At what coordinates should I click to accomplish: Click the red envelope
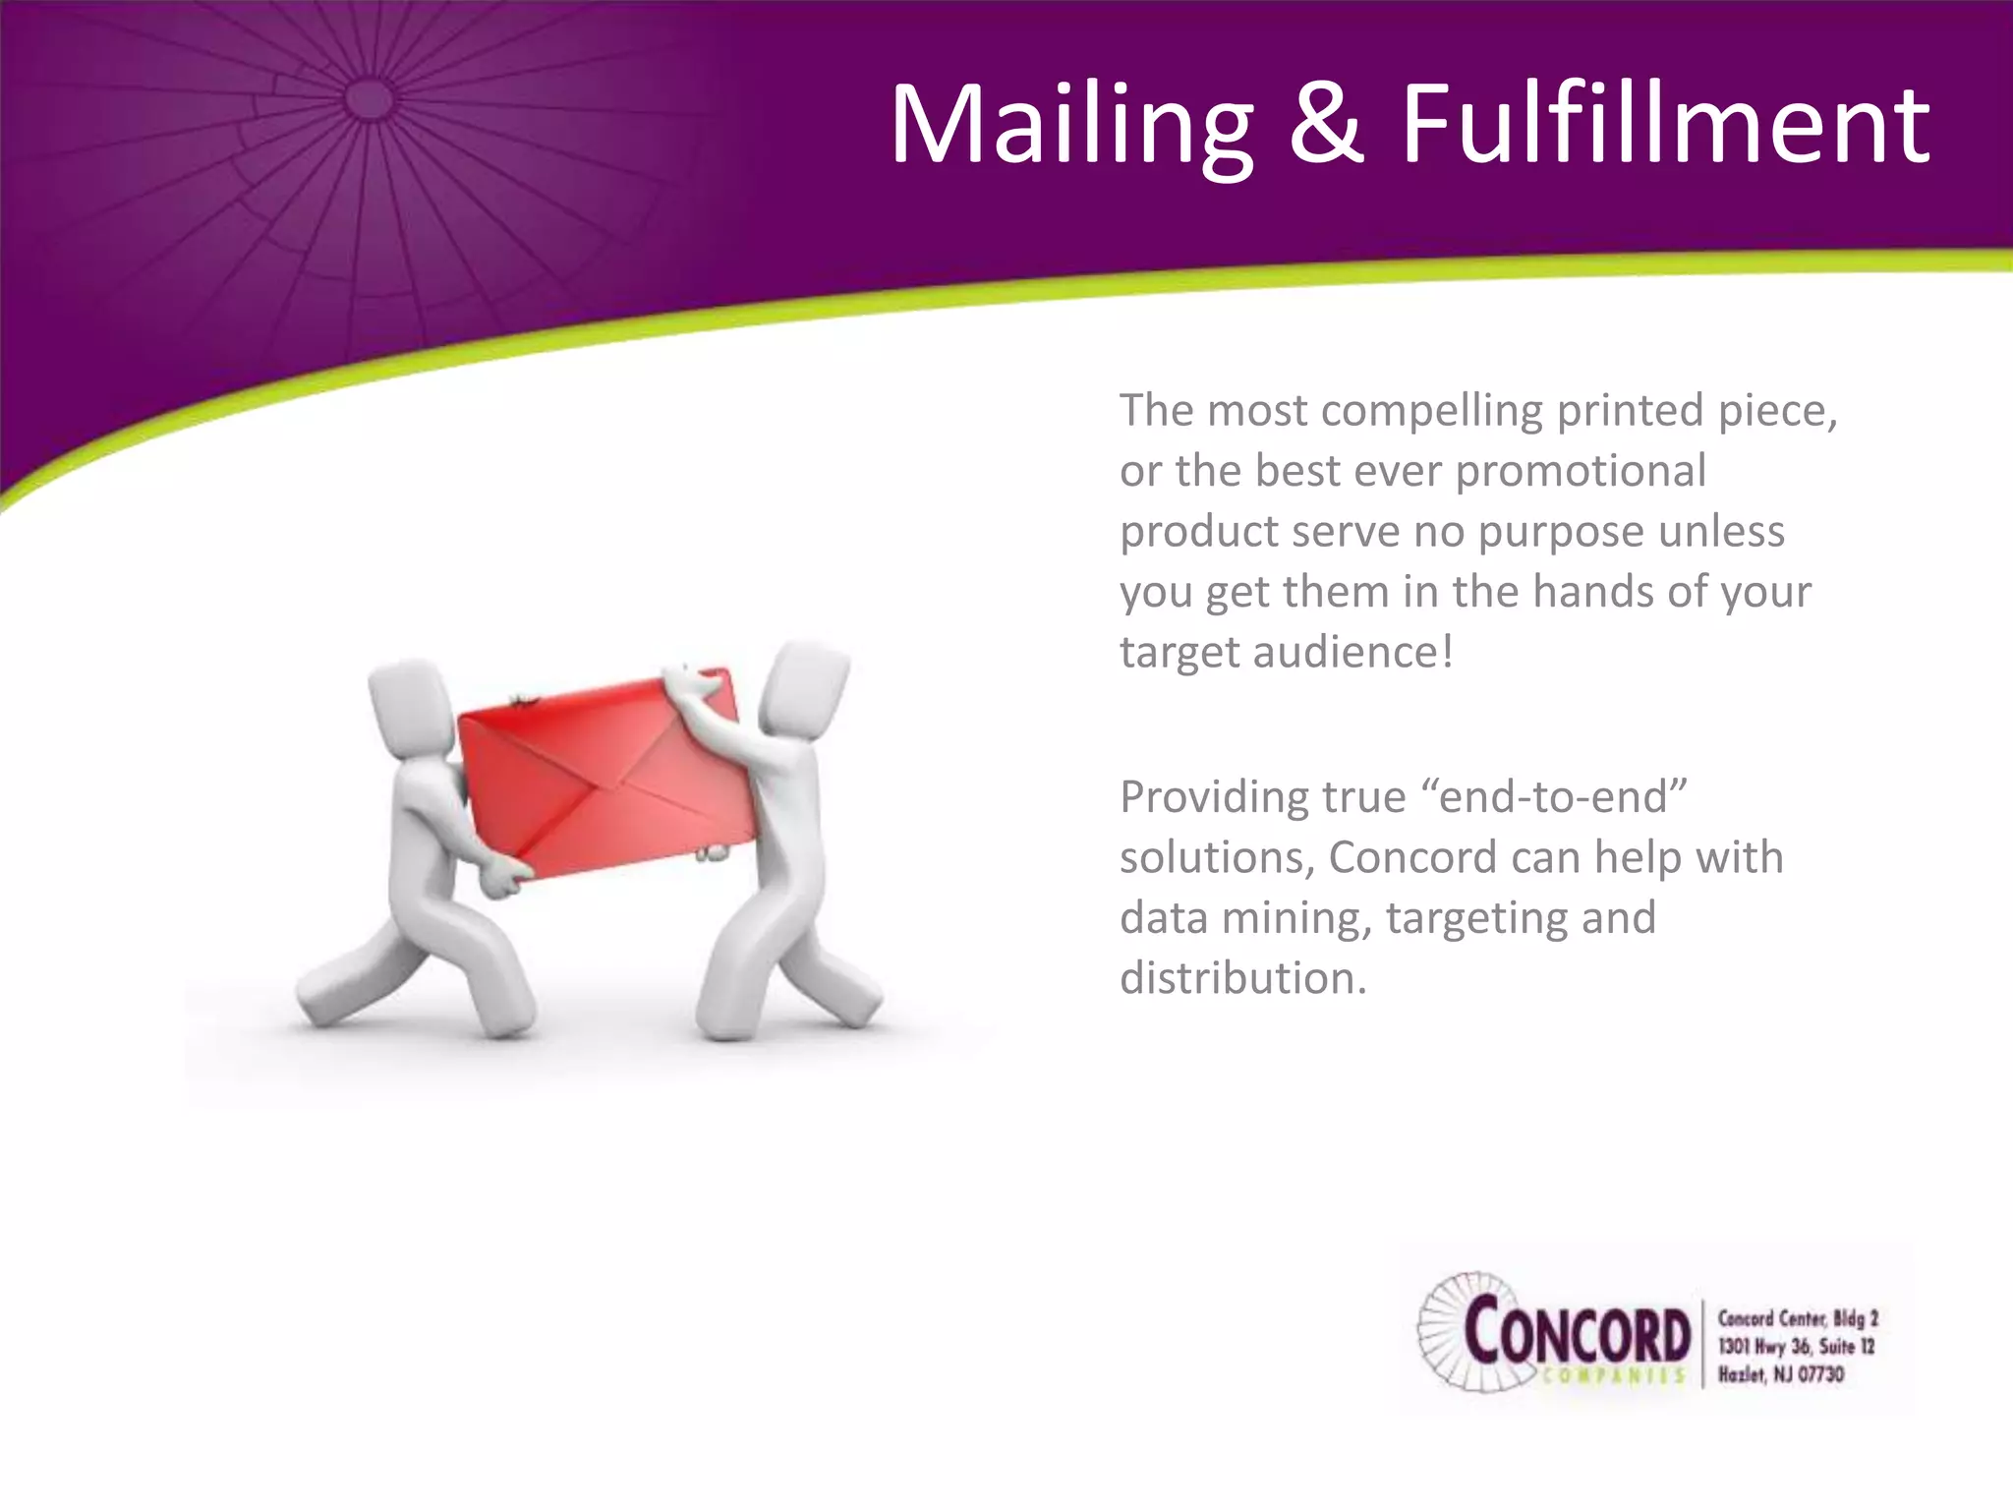tap(607, 775)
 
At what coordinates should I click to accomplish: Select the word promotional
tap(1581, 472)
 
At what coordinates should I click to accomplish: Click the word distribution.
tap(1242, 979)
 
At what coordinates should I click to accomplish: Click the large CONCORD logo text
tap(1577, 1332)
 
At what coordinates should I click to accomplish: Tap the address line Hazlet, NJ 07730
tap(1780, 1374)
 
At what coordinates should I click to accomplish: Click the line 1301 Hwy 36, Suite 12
tap(1795, 1346)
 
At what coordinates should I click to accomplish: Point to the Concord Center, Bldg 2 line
tap(1797, 1318)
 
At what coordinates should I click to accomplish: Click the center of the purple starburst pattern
tap(371, 99)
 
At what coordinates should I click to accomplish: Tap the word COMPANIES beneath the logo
tap(1613, 1376)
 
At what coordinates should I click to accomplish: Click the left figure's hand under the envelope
tap(505, 878)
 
